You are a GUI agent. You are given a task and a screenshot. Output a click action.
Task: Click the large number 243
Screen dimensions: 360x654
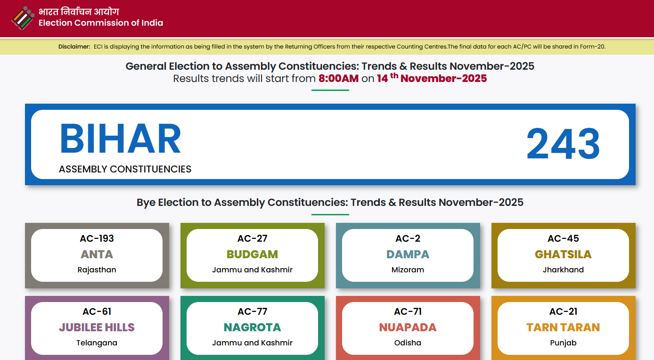pos(563,144)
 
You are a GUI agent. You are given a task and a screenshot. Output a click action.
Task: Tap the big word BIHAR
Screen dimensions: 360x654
pos(120,139)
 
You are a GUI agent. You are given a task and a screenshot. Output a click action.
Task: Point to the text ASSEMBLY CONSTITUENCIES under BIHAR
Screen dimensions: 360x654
pos(125,169)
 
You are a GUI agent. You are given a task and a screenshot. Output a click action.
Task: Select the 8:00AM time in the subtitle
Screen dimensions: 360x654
pos(338,79)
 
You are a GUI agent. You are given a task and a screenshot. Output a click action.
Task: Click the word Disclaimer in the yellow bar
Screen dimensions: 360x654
pos(74,47)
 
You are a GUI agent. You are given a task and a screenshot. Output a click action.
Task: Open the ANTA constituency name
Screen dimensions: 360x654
pos(97,254)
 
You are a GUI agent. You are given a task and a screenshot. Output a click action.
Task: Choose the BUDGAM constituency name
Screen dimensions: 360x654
pos(252,254)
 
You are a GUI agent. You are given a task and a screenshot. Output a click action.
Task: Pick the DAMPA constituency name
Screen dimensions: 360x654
pos(408,254)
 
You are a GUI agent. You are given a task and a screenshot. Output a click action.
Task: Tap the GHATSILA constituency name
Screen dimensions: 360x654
pos(563,254)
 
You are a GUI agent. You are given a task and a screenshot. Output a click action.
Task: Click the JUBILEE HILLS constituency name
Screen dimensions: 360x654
pos(97,327)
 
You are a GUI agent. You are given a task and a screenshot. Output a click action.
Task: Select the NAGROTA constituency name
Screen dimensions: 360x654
pos(252,327)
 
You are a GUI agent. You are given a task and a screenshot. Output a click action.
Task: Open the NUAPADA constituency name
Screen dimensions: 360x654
pos(408,327)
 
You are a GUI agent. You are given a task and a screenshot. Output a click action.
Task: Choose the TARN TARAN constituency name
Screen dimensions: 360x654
pos(563,327)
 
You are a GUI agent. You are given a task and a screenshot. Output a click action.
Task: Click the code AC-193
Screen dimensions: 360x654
pos(97,238)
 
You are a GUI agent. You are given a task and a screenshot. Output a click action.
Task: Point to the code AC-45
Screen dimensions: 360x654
pos(563,238)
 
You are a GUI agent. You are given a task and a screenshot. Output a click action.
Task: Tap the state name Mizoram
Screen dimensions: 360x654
pos(408,270)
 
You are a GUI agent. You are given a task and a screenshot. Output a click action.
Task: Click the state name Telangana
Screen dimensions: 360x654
pos(97,343)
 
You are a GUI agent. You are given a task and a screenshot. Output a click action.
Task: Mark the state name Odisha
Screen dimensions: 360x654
pos(408,343)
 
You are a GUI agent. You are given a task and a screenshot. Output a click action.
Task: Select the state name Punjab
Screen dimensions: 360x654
pos(563,343)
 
